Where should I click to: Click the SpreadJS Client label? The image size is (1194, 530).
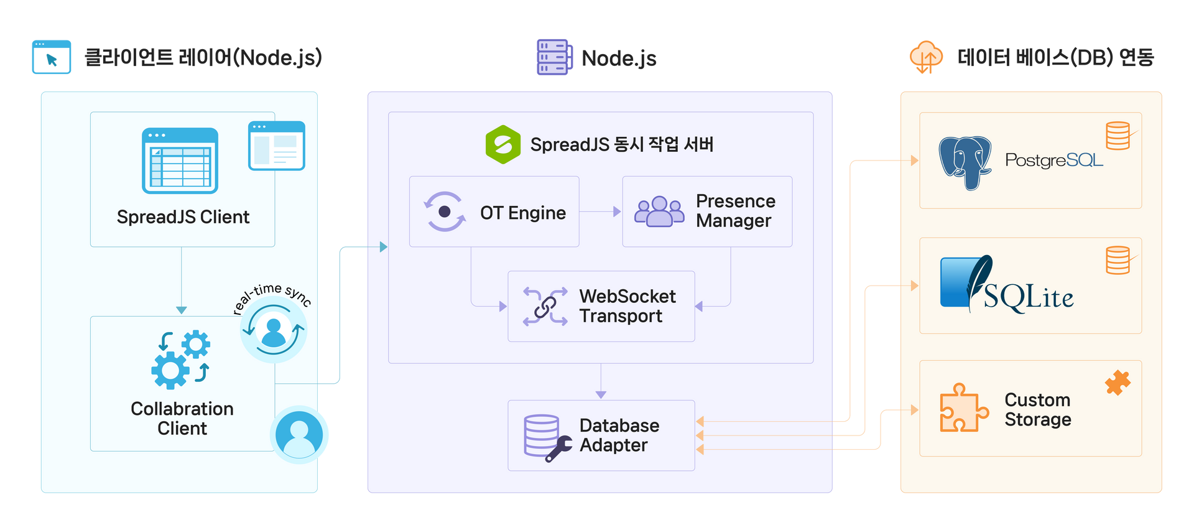click(183, 217)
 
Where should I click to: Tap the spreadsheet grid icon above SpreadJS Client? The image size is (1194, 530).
click(180, 160)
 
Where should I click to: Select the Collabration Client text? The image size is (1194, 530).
click(182, 418)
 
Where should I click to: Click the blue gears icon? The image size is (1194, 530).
click(180, 360)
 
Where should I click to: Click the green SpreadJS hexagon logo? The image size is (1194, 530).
click(502, 144)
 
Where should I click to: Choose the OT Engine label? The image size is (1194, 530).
click(522, 213)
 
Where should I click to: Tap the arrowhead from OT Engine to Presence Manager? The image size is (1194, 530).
click(616, 212)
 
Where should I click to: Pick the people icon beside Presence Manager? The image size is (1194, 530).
click(659, 212)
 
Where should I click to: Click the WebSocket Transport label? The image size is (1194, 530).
click(627, 306)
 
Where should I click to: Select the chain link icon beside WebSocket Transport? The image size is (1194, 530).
click(545, 306)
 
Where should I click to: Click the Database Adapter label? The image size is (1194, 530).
click(619, 435)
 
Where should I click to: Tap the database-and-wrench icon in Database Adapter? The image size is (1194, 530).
click(546, 437)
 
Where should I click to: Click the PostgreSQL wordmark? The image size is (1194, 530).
click(1054, 160)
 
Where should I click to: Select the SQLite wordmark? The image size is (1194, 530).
click(1029, 297)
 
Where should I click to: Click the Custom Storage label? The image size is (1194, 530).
click(1037, 409)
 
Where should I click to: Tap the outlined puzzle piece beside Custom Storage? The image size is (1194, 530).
click(963, 408)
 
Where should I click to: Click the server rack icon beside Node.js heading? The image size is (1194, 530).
click(553, 57)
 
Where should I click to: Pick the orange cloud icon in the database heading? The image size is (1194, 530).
click(926, 57)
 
